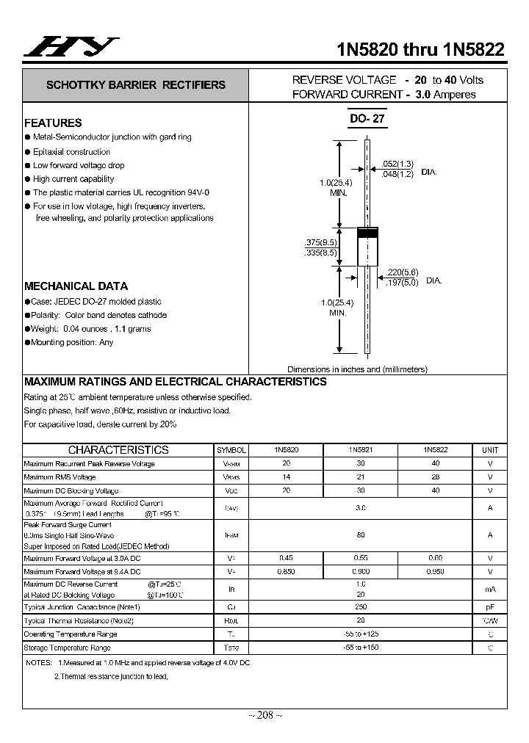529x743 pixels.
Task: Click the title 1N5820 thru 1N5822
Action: pos(420,49)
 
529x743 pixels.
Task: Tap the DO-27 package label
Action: pos(367,118)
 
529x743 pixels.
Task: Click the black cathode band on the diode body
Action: pos(367,233)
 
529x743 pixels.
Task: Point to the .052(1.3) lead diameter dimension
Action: pos(398,164)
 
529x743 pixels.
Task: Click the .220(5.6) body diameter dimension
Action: pos(401,272)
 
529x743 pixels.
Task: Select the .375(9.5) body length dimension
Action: pos(320,242)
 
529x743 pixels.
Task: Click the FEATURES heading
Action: pos(53,123)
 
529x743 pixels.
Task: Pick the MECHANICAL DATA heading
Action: pos(76,286)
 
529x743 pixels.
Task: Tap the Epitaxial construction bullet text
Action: pos(71,152)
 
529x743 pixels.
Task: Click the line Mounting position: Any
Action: pos(73,342)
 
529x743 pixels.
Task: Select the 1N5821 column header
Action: pos(360,449)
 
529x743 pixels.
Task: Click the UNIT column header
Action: pos(489,450)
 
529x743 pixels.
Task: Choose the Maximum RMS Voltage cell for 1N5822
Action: pos(435,477)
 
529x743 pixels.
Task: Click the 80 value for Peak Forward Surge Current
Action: pos(360,535)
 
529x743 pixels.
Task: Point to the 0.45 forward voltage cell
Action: pos(287,557)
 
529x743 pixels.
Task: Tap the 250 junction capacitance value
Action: pos(360,607)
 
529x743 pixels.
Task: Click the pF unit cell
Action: pos(489,607)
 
